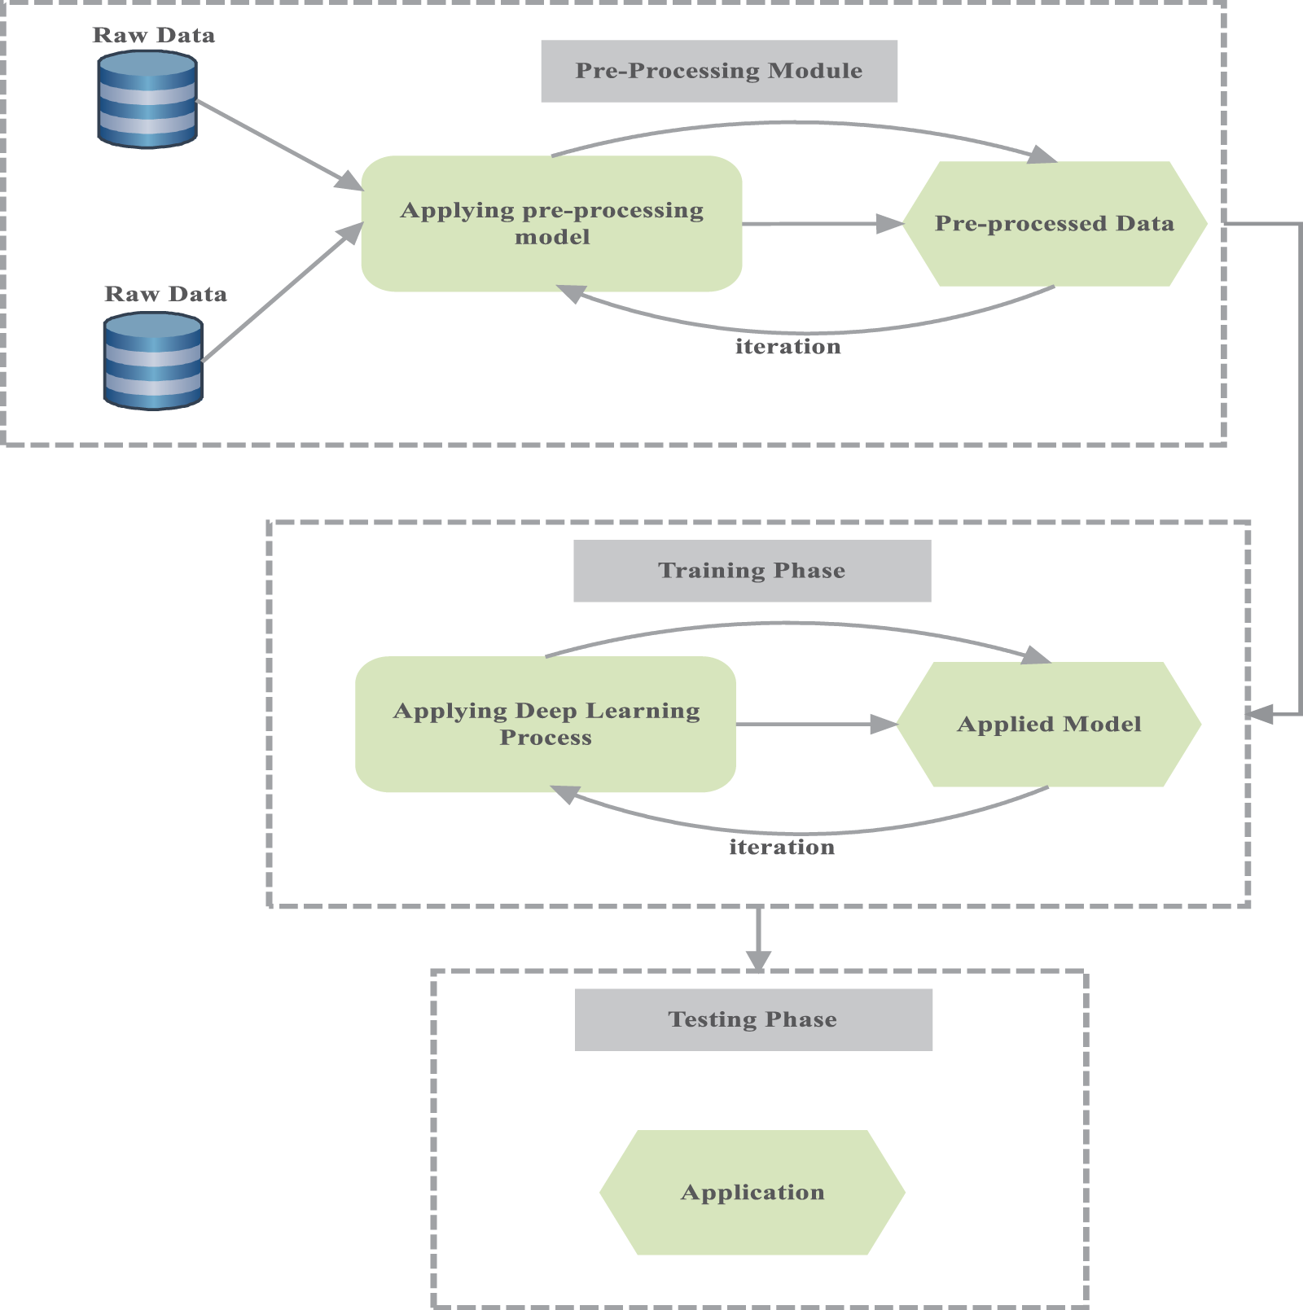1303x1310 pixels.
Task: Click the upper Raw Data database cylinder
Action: tap(147, 99)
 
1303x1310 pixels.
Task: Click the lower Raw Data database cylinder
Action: tap(153, 361)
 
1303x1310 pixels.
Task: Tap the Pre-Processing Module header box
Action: tap(719, 71)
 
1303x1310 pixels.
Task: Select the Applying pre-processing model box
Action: tap(551, 223)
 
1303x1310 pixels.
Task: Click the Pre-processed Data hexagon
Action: tap(1055, 223)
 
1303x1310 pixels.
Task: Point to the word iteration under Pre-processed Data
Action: tap(788, 347)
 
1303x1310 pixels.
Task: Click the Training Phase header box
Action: tap(752, 571)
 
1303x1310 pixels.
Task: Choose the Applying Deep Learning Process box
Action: tap(546, 724)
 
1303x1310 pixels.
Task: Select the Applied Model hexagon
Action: tap(1049, 724)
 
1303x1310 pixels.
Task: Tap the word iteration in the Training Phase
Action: tap(782, 848)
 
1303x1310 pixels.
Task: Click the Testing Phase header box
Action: tap(753, 1019)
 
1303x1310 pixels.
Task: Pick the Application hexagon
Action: tap(752, 1192)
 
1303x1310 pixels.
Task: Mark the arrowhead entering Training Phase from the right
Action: tap(1261, 715)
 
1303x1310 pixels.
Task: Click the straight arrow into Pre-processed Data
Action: tap(823, 223)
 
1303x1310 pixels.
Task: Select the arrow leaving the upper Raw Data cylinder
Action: tap(277, 145)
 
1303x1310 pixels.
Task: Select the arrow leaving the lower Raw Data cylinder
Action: tap(281, 293)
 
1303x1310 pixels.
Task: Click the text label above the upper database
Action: tap(154, 35)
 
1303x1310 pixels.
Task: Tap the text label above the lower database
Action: tap(165, 294)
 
